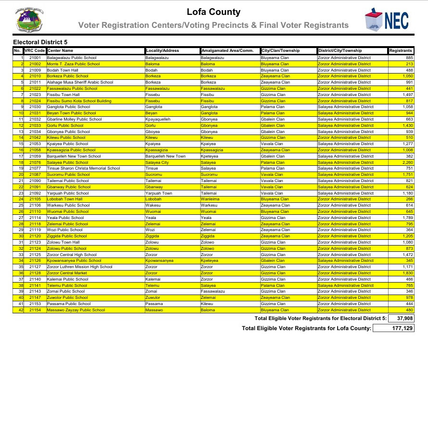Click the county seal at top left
(x=29, y=20)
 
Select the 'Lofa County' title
(x=214, y=12)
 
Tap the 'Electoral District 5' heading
(x=40, y=43)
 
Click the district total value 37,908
(x=403, y=319)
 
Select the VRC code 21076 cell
(x=35, y=162)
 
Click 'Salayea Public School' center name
(x=68, y=162)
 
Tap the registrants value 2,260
(x=406, y=162)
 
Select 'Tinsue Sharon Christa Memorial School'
(x=83, y=169)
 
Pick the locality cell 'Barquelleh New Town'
(x=165, y=156)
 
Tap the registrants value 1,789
(x=407, y=218)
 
